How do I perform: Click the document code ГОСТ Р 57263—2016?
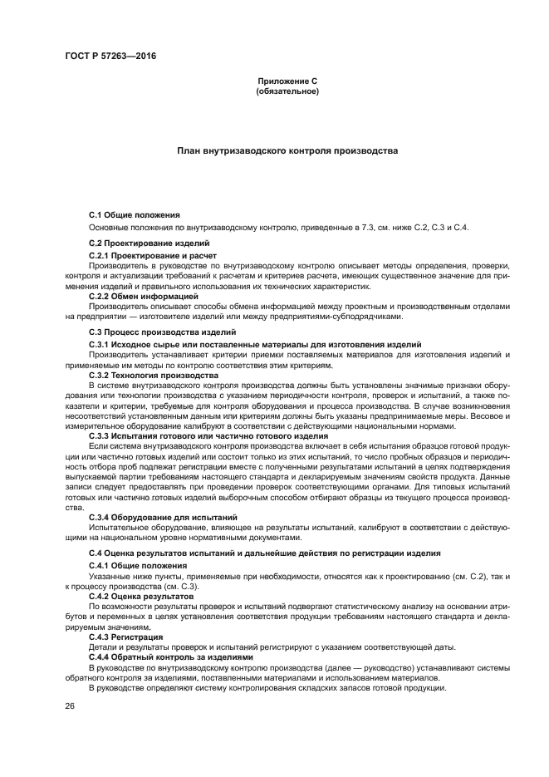coord(110,57)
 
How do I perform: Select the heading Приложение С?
coord(287,81)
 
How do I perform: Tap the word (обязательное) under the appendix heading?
coord(287,91)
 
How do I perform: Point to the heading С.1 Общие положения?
coord(135,215)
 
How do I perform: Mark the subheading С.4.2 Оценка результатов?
coord(141,596)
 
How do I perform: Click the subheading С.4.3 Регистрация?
coord(125,637)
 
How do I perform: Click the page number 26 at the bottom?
coord(70,706)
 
